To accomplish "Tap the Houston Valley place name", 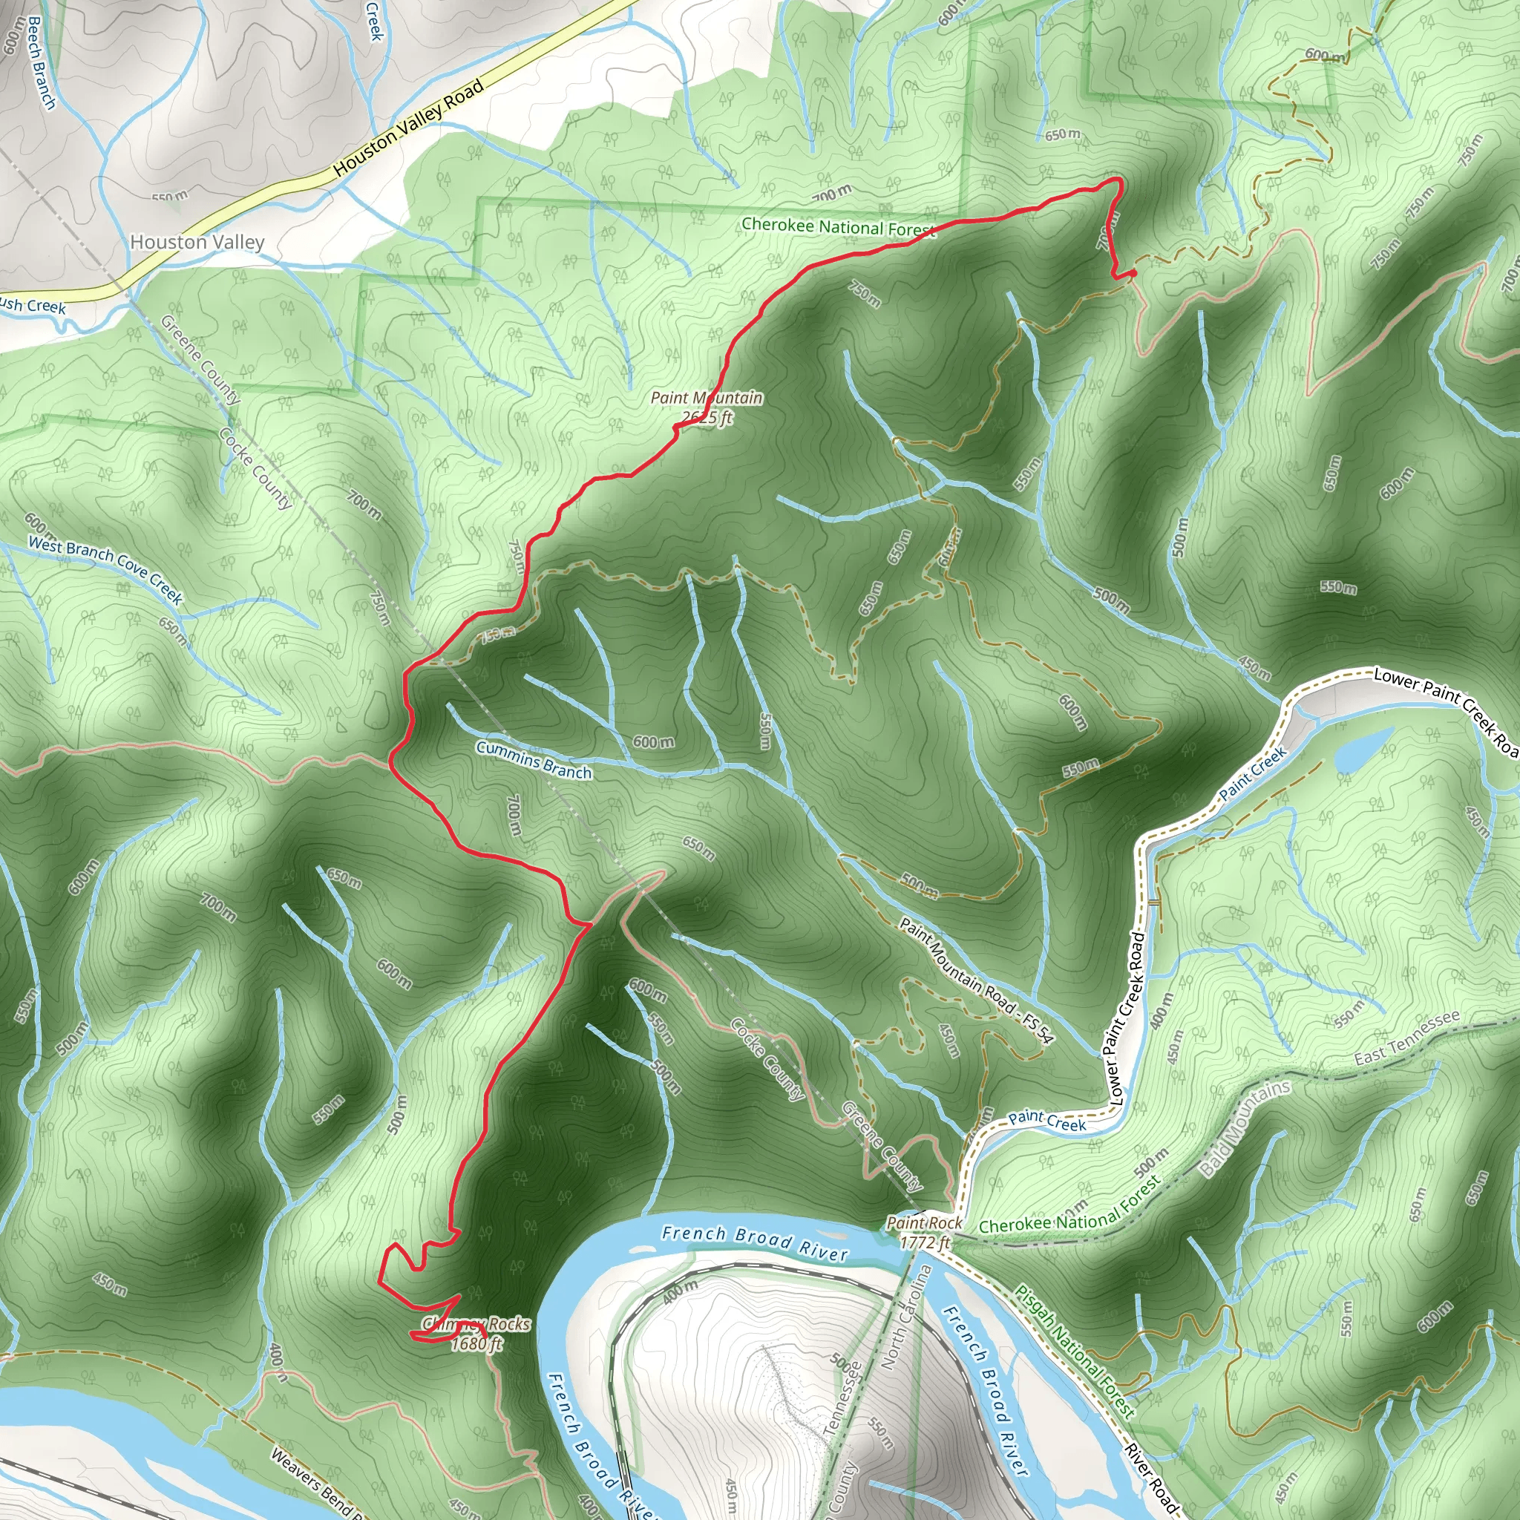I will coord(197,242).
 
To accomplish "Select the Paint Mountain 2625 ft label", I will coord(707,407).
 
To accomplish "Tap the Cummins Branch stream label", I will coord(534,760).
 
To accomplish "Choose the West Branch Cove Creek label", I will coord(105,569).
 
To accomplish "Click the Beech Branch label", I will coord(41,63).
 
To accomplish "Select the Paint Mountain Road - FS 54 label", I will coord(975,980).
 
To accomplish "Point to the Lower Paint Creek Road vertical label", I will coord(1127,1020).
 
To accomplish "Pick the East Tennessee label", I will coord(1406,1037).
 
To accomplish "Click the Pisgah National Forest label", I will coord(1074,1350).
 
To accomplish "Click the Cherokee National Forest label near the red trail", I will coord(838,226).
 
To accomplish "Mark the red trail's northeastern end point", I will coord(1134,273).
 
